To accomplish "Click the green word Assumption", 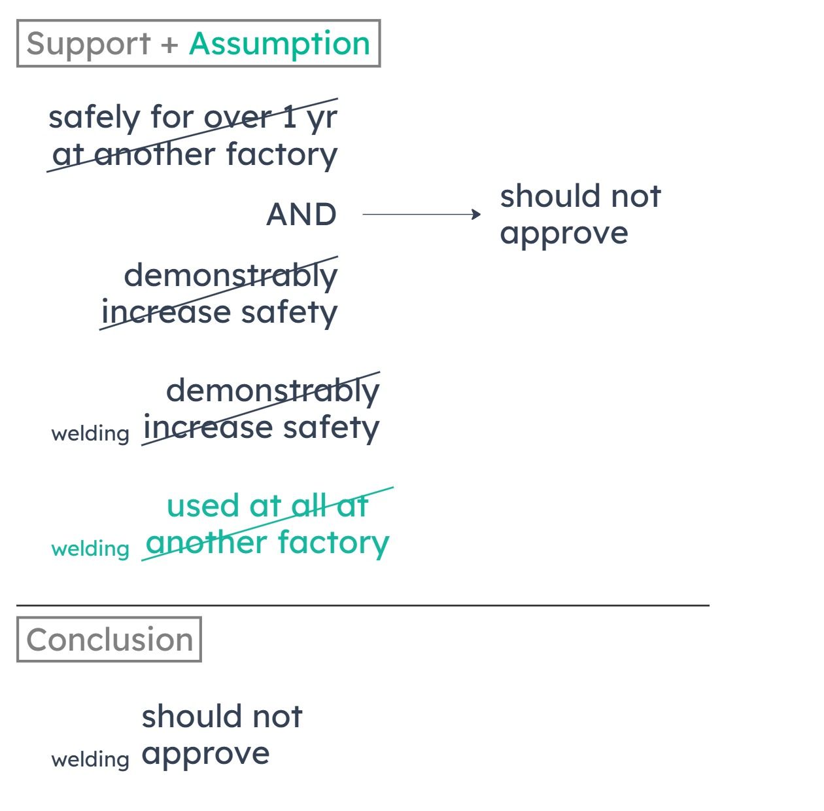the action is (x=279, y=45).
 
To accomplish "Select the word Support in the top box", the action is (x=88, y=45).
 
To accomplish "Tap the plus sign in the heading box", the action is (x=169, y=45).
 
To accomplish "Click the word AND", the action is (x=301, y=214).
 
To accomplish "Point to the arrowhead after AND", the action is (x=476, y=214).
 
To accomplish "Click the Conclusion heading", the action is (x=109, y=640).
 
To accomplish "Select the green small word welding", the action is (x=90, y=549).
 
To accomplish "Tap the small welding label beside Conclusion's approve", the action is (x=90, y=759).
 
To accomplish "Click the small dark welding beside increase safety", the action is (x=90, y=434).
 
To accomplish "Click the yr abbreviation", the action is (x=322, y=120).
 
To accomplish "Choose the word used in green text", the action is (x=203, y=506).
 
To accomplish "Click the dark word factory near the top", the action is (x=282, y=155).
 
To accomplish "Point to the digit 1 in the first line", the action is (x=289, y=117).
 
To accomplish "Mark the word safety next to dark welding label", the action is (x=332, y=429).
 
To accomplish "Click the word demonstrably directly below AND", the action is (x=230, y=277).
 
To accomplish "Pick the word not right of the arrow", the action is (x=636, y=197).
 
